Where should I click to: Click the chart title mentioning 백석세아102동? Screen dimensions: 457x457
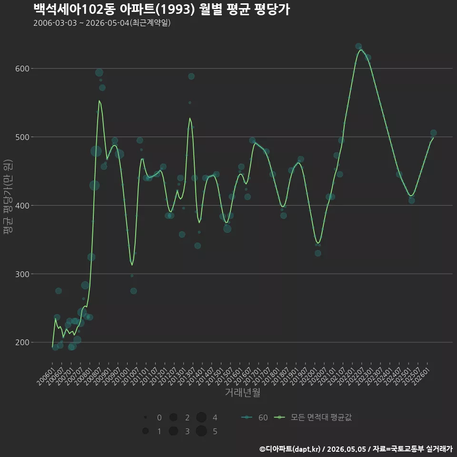(x=162, y=10)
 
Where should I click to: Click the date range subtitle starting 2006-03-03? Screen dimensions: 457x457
(x=102, y=23)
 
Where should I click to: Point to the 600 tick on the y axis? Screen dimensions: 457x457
(x=22, y=69)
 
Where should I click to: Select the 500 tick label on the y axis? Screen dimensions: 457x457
(x=22, y=137)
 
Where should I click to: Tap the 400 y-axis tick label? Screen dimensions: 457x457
(x=22, y=206)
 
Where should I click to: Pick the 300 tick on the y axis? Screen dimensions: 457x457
(x=22, y=274)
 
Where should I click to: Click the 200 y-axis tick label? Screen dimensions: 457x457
(x=22, y=342)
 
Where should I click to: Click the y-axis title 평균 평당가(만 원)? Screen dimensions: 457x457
(x=8, y=197)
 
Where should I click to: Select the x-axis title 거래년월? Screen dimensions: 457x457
(x=242, y=392)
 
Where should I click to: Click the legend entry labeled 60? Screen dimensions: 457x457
(x=254, y=417)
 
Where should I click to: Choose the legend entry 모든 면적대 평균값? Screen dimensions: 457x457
(x=313, y=417)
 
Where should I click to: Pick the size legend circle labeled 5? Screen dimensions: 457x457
(x=201, y=431)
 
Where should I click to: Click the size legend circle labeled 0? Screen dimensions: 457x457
(x=145, y=417)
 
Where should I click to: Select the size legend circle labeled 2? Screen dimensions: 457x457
(x=173, y=417)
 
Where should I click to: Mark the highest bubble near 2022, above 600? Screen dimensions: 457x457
(x=358, y=46)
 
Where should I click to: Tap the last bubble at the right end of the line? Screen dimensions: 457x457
(x=433, y=133)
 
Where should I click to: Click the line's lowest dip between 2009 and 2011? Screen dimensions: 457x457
(x=132, y=265)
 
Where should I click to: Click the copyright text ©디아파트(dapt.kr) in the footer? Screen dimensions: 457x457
(x=290, y=449)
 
